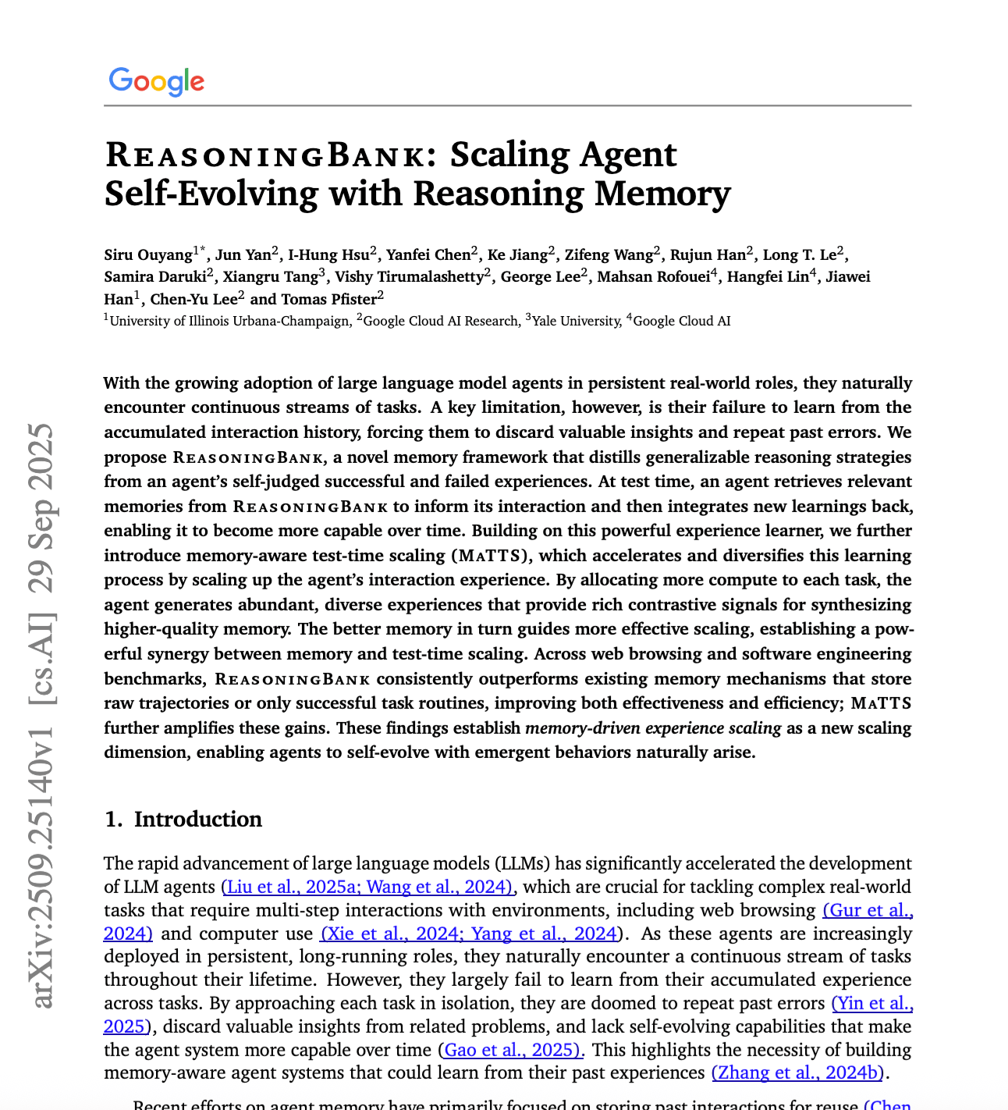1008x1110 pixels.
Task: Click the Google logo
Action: (x=157, y=81)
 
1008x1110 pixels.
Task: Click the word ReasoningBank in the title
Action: (x=265, y=155)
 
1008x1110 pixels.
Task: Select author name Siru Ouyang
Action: (x=148, y=254)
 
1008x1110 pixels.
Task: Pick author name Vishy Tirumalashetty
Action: (x=409, y=276)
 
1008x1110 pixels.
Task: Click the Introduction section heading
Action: (x=197, y=819)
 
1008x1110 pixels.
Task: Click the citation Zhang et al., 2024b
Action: (x=797, y=1073)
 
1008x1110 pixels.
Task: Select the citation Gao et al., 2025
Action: (x=511, y=1050)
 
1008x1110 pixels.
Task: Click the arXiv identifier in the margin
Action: (x=43, y=866)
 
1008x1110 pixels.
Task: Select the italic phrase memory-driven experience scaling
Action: (x=653, y=728)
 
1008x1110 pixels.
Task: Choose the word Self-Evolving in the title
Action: (x=211, y=194)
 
